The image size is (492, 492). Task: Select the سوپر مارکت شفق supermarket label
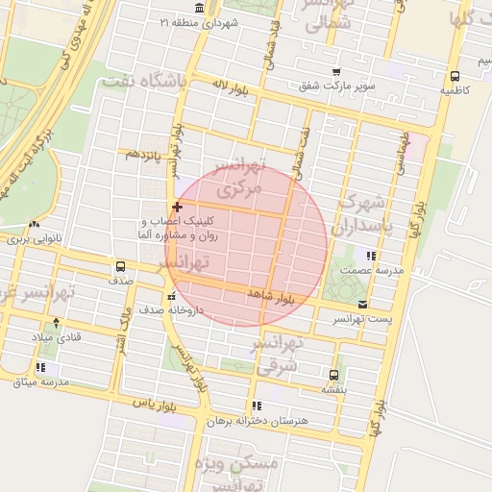[336, 86]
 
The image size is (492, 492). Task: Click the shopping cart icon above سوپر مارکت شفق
[335, 72]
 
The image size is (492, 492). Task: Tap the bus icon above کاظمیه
[455, 75]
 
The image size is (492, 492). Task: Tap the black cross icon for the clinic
[177, 207]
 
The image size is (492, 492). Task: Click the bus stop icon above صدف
[121, 266]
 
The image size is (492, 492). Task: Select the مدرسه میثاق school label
[41, 381]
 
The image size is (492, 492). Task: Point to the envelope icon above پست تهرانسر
[361, 304]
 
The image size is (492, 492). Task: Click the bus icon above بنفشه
[333, 375]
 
